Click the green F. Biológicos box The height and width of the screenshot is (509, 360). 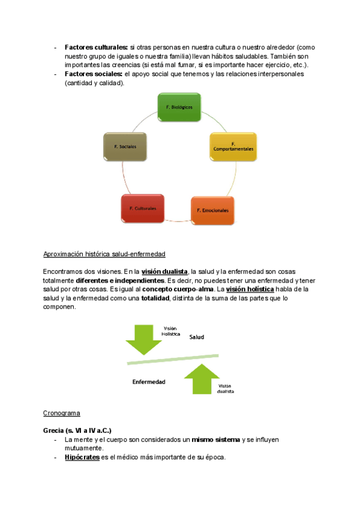(x=179, y=107)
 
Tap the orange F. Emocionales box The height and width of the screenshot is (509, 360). (x=213, y=210)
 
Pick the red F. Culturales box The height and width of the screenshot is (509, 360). (x=143, y=208)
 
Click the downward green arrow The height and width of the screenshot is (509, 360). (x=144, y=340)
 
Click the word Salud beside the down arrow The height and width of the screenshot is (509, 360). (x=197, y=337)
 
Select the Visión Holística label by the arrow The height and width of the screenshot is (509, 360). (x=171, y=331)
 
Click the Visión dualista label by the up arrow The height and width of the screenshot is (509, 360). (x=226, y=388)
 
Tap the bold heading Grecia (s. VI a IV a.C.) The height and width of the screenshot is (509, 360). (x=77, y=430)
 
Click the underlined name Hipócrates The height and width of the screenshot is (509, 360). (x=82, y=457)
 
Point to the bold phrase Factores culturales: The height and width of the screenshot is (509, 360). (x=96, y=47)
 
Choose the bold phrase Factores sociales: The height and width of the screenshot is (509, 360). (x=93, y=74)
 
